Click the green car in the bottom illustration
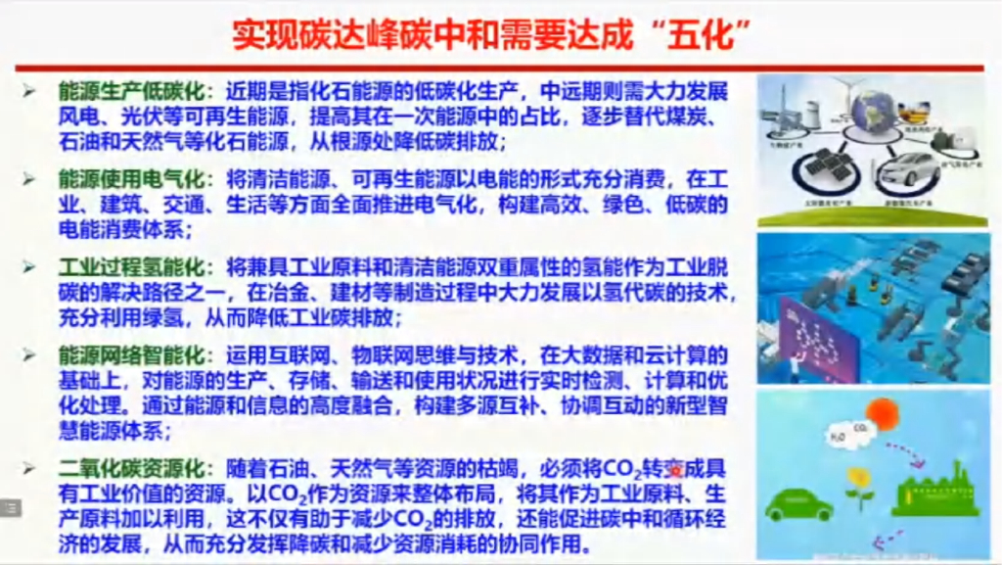(x=797, y=505)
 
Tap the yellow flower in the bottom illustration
(x=858, y=482)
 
